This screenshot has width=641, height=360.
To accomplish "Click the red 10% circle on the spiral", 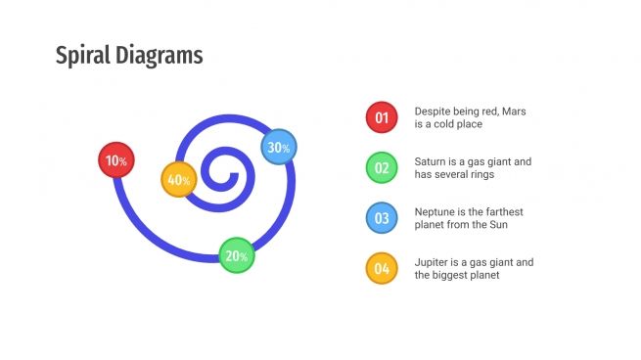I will (116, 159).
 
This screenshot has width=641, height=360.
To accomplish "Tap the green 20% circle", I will (236, 255).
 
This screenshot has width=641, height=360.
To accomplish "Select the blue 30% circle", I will (279, 147).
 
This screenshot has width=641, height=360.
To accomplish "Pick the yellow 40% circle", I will (179, 180).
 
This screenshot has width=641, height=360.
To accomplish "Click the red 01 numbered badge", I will (381, 117).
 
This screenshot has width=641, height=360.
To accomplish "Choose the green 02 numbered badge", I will (381, 167).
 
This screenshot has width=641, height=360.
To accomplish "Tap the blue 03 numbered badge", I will (381, 217).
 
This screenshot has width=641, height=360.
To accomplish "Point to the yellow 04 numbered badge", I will (381, 268).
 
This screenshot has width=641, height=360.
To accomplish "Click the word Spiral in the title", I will (82, 55).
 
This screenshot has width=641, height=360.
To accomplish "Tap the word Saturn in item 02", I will (431, 161).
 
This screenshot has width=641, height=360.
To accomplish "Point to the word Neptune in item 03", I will (436, 211).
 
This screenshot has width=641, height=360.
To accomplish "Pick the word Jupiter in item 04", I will (432, 262).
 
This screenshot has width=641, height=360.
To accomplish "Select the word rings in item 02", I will (481, 174).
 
